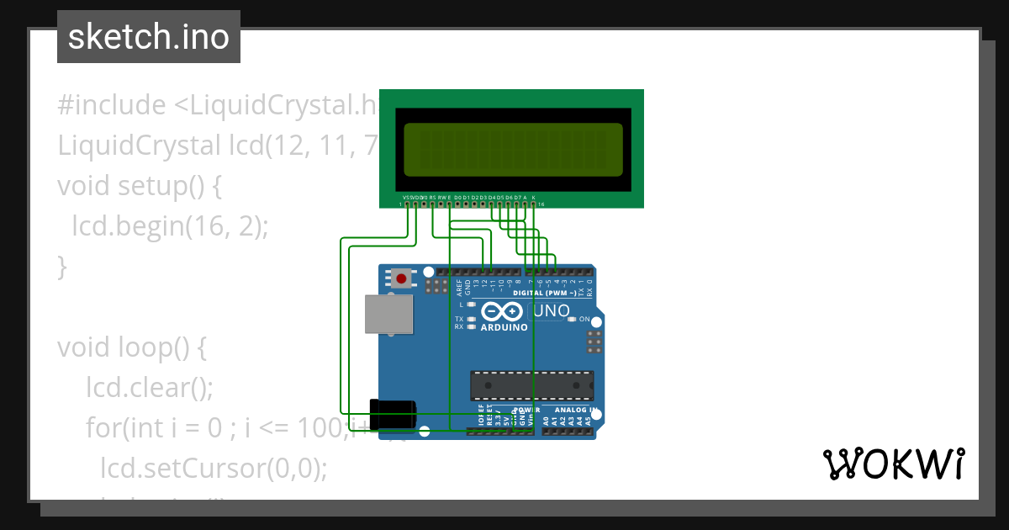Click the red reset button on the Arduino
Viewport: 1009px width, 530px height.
pyautogui.click(x=402, y=278)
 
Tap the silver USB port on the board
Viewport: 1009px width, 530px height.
pyautogui.click(x=388, y=314)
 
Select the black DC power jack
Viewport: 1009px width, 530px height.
pyautogui.click(x=394, y=415)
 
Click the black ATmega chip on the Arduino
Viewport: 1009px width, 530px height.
pyautogui.click(x=531, y=385)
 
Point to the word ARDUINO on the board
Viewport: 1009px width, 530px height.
pyautogui.click(x=504, y=327)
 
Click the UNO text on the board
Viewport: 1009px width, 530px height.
pyautogui.click(x=552, y=310)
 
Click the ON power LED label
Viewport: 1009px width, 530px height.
pyautogui.click(x=584, y=320)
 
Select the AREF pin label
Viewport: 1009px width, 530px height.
pyautogui.click(x=459, y=287)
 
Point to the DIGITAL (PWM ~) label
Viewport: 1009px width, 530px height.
pyautogui.click(x=544, y=293)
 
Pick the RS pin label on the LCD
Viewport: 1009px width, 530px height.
pyautogui.click(x=432, y=197)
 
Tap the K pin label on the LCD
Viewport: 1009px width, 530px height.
pyautogui.click(x=534, y=197)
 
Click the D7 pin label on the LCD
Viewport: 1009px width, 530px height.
pyautogui.click(x=517, y=197)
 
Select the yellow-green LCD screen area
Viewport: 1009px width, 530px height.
pyautogui.click(x=513, y=150)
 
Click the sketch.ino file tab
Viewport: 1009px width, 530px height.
pyautogui.click(x=149, y=37)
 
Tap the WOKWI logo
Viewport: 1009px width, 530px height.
pyautogui.click(x=893, y=464)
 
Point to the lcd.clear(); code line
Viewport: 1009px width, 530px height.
pyautogui.click(x=150, y=388)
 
